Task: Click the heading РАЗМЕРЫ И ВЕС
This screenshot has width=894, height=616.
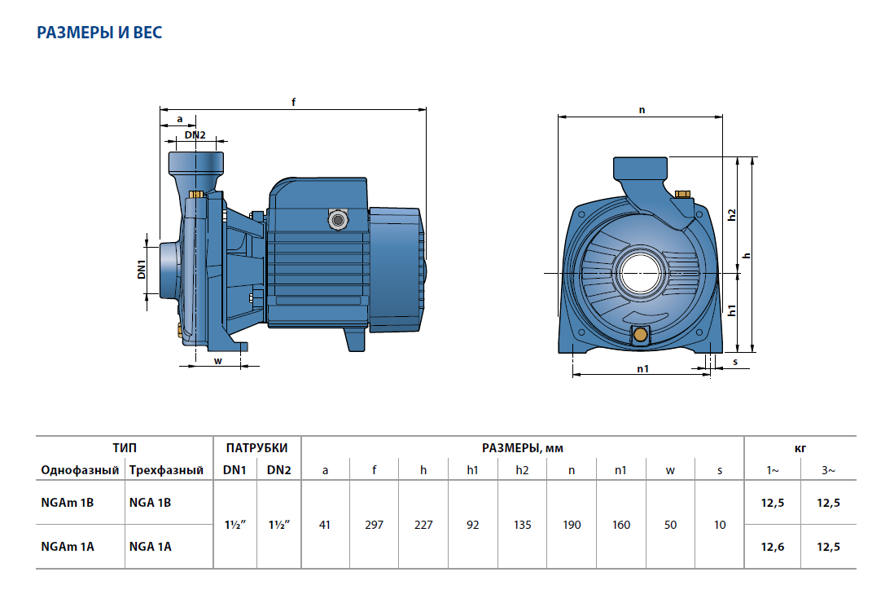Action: [100, 33]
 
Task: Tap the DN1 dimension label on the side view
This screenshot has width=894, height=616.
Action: [141, 269]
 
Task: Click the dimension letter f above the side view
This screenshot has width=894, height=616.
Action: [293, 101]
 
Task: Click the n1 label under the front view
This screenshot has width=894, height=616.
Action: [642, 368]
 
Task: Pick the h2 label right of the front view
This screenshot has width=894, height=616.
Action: [731, 214]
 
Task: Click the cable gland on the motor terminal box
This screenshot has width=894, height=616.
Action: [337, 218]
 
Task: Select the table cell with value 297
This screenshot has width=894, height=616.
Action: [375, 525]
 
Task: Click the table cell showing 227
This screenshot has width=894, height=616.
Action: [423, 525]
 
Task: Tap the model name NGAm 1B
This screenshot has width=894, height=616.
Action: [68, 503]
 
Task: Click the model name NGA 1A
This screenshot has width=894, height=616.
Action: [151, 547]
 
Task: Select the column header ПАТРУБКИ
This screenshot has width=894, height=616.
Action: [256, 448]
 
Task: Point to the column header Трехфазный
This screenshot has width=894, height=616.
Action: [166, 470]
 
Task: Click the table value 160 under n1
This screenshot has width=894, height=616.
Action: [621, 525]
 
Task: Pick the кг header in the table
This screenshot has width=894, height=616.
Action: [800, 448]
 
